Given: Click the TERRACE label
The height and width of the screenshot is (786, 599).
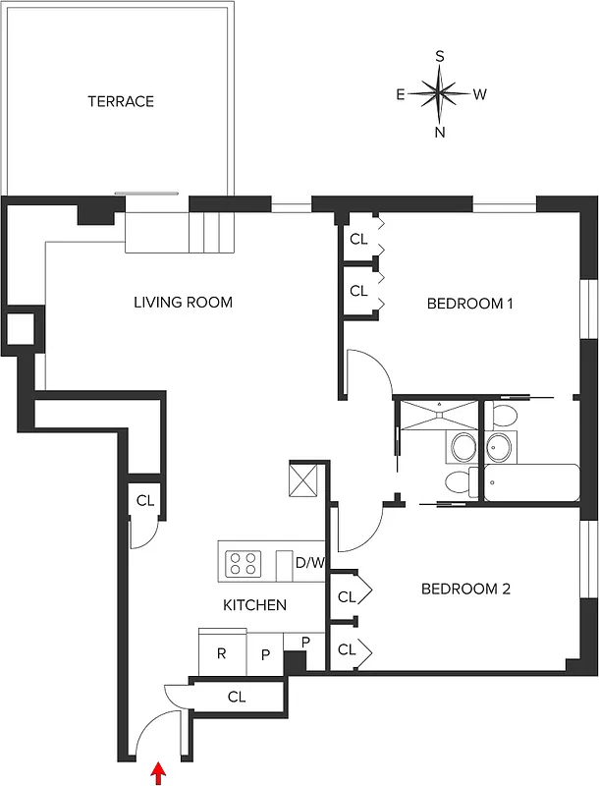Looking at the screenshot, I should (120, 101).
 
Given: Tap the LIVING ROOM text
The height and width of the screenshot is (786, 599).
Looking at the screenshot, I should (183, 303).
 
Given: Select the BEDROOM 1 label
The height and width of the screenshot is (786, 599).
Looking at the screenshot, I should (469, 304).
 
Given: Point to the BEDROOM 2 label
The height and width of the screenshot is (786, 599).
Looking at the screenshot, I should (465, 589).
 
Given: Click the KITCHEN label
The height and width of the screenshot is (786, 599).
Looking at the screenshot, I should (254, 605).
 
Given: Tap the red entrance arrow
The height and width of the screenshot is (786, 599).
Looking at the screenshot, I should (157, 775).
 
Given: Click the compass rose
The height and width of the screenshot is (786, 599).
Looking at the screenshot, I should (440, 94).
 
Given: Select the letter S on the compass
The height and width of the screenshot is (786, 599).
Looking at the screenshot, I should (440, 57).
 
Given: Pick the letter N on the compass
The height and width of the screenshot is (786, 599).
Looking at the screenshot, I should (440, 133).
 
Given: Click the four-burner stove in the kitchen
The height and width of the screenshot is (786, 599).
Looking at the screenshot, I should (245, 564).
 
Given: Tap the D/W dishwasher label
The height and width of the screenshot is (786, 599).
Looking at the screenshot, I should (309, 563).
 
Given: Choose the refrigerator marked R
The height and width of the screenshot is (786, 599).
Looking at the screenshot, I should (222, 652).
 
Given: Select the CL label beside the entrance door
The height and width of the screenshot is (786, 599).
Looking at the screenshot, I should (236, 697).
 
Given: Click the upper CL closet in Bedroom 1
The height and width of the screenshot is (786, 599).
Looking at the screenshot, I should (358, 239).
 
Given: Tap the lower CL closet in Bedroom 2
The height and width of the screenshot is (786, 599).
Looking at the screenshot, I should (347, 649).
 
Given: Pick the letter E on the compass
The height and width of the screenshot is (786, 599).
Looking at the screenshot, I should (401, 94).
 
